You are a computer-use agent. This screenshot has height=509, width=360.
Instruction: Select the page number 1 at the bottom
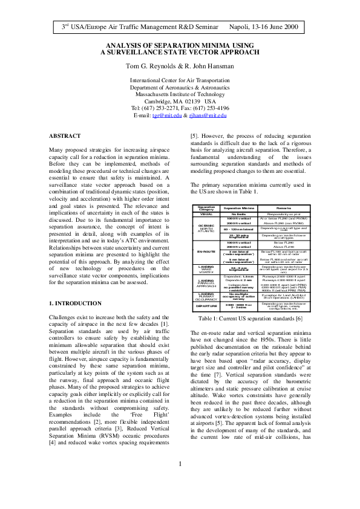point(180,481)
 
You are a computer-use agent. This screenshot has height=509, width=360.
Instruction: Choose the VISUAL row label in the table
point(206,214)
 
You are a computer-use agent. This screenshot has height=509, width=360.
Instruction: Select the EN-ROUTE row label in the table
point(206,250)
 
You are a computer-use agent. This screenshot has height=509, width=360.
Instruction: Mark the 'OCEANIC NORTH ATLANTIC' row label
point(206,227)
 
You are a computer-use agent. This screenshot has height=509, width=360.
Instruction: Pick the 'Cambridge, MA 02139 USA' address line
point(180,101)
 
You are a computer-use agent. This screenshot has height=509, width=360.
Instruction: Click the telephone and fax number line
point(180,108)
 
